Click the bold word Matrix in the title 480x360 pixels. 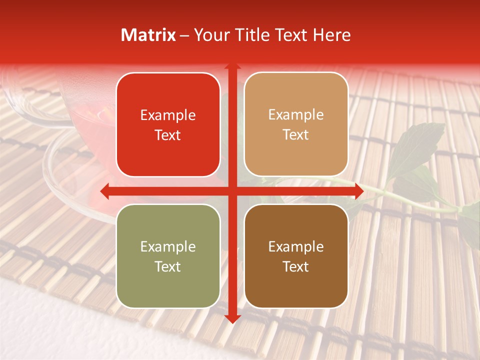point(148,35)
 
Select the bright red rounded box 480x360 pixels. point(168,125)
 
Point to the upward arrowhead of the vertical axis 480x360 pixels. point(231,66)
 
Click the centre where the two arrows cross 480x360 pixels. point(231,190)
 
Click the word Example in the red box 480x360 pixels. point(168,115)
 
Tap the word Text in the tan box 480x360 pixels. point(296,135)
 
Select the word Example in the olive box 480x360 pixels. point(168,247)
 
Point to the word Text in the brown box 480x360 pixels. point(296,266)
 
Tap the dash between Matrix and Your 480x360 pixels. point(184,35)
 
